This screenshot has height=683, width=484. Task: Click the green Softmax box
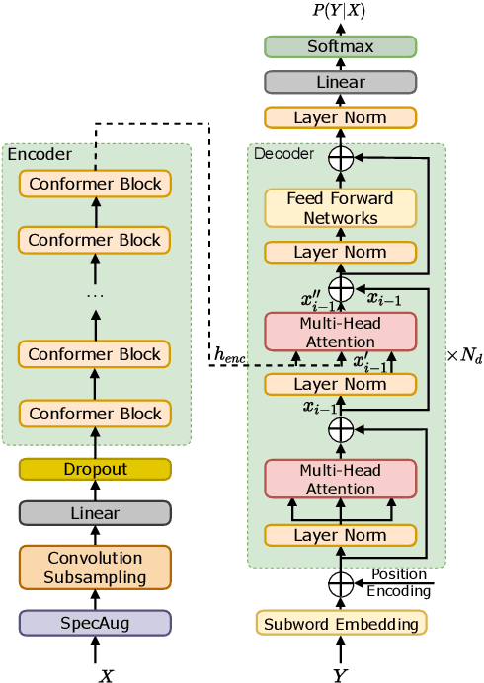341,46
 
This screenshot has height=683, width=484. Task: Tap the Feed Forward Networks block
341,208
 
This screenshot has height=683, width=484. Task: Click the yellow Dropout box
95,470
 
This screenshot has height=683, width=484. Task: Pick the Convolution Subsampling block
95,568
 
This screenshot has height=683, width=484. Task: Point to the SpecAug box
95,622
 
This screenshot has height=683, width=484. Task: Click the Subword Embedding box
341,623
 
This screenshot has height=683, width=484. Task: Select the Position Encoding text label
399,583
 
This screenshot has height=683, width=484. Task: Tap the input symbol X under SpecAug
106,675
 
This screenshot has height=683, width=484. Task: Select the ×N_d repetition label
464,354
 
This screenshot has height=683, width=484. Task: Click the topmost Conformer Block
95,184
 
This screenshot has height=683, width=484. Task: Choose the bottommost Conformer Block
95,414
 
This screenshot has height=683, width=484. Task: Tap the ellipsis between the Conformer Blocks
95,295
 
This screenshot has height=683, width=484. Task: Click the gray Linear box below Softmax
341,83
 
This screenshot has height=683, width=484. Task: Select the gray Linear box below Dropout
95,513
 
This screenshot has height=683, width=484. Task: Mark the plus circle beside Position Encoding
341,584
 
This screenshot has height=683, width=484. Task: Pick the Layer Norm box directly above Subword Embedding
341,536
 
